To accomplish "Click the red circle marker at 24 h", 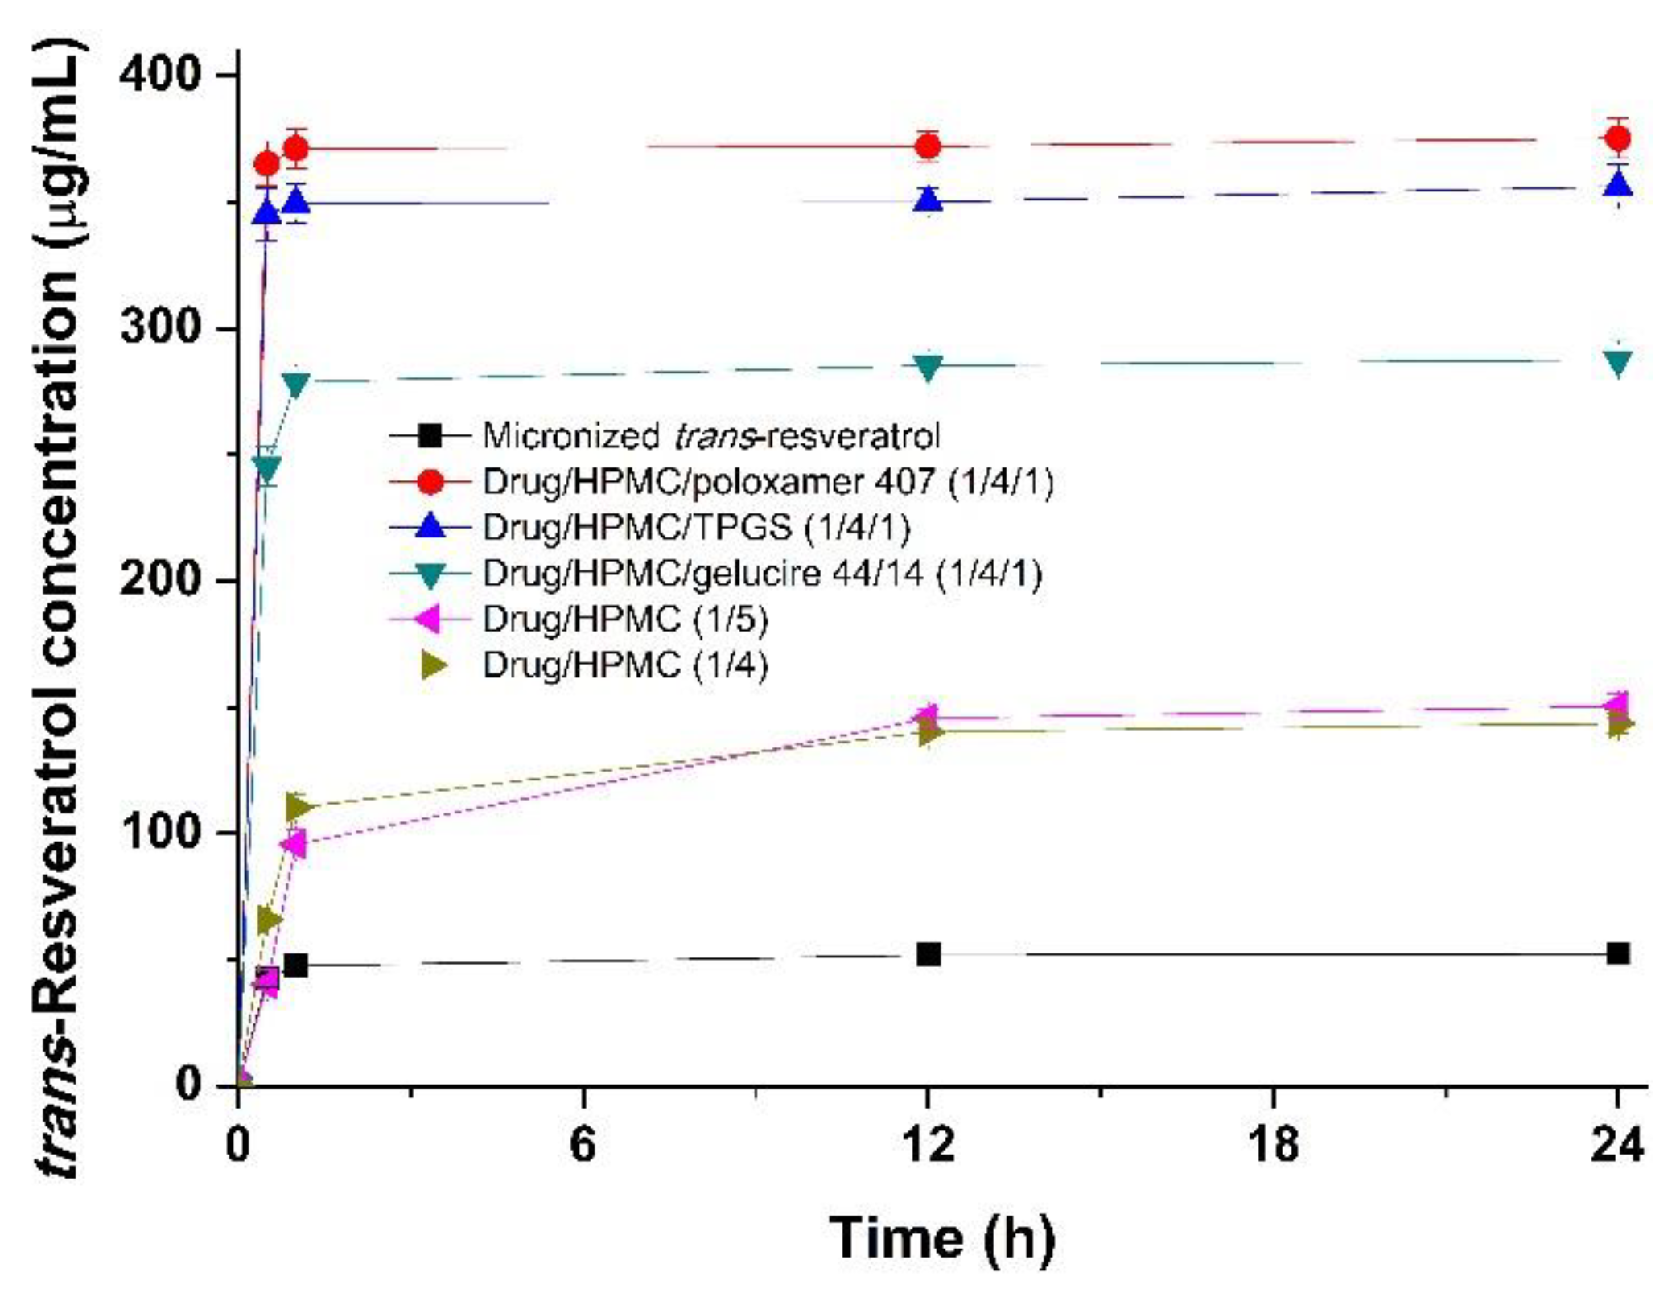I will [x=1617, y=139].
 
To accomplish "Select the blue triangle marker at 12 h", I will [x=929, y=199].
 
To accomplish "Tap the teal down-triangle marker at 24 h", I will [x=1617, y=363].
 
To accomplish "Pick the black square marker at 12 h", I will [x=929, y=954].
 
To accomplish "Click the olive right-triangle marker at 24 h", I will [x=1619, y=726].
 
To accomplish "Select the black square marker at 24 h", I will [x=1617, y=953].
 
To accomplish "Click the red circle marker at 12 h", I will [x=929, y=146].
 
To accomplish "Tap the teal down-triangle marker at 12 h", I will [x=929, y=368].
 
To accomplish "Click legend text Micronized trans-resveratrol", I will [x=710, y=436].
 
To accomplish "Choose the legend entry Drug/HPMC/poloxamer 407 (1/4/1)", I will [x=768, y=482].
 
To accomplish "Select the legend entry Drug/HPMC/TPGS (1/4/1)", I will [x=697, y=528].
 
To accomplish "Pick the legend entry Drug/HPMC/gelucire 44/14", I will [x=762, y=574].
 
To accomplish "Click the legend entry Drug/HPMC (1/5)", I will [x=625, y=620].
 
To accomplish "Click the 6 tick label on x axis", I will [x=583, y=1144].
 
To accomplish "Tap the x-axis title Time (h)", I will [x=941, y=1237].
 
